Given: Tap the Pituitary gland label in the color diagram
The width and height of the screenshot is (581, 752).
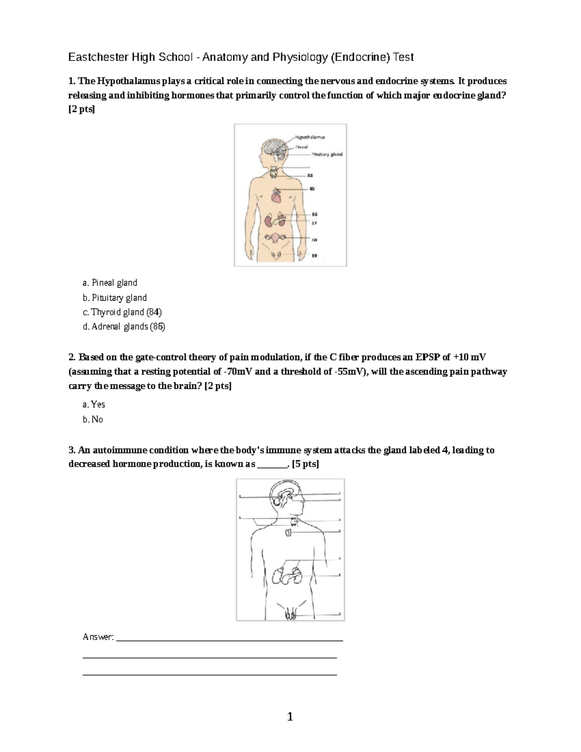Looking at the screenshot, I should tap(327, 154).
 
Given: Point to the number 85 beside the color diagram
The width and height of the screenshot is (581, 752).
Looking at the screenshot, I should tap(312, 188).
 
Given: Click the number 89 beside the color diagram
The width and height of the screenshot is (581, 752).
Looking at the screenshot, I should tap(314, 255).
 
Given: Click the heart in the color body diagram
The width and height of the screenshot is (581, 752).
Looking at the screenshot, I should tap(275, 196).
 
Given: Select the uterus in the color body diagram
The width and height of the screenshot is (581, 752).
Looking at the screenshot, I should tap(275, 239).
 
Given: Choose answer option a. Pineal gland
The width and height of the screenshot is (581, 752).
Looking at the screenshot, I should tap(110, 283).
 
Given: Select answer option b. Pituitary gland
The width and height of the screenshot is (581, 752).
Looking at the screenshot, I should tap(115, 298).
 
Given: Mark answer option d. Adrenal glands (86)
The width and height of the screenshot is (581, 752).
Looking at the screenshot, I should tap(124, 327).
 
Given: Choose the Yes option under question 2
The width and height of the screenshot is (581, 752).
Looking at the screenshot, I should tap(94, 404).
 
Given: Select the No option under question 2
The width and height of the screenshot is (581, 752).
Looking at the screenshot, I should tap(93, 419).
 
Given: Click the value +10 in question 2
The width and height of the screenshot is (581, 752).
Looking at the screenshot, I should tap(460, 357).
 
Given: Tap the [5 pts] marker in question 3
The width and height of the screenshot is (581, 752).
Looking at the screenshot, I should tap(306, 464).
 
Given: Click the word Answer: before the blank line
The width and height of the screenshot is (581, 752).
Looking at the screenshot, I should tap(98, 637).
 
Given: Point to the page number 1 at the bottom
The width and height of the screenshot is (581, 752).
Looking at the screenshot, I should tap(290, 717).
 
